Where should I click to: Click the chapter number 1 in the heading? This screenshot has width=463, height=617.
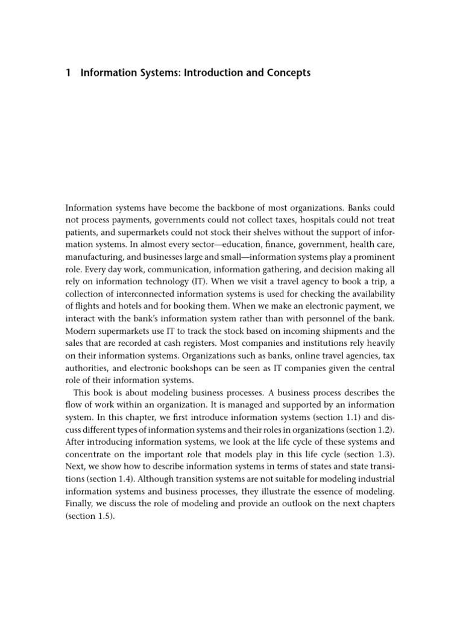point(68,73)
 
